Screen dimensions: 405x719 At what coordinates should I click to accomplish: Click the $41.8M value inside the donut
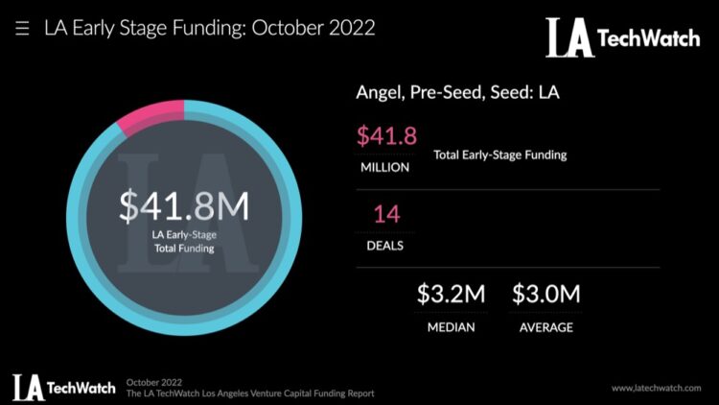pos(184,206)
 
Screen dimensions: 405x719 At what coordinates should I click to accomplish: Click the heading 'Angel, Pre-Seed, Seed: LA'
pos(457,93)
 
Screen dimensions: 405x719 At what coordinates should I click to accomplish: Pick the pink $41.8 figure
pos(386,136)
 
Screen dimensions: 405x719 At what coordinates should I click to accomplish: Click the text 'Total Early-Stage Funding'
pos(499,155)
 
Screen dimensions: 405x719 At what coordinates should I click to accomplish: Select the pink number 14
pos(385,214)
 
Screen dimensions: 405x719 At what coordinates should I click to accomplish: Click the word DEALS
pos(385,245)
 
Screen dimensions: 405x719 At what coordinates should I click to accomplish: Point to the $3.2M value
pos(451,295)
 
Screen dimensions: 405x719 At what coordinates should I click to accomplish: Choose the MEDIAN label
pos(451,327)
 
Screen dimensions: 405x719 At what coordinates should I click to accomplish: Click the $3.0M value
pos(546,295)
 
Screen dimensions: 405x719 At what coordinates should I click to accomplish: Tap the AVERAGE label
pos(546,327)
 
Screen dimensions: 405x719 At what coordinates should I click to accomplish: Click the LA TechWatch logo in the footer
pos(63,387)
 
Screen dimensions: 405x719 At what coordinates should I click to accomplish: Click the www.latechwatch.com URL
pos(657,388)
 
